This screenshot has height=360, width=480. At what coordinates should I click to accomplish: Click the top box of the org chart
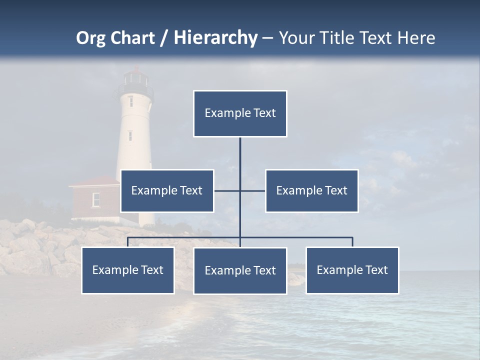[x=240, y=113]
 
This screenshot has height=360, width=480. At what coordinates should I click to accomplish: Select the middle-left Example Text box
[x=167, y=190]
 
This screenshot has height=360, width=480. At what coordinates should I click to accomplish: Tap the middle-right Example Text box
[x=311, y=190]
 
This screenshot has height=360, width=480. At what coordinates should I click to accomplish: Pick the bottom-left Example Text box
[x=127, y=270]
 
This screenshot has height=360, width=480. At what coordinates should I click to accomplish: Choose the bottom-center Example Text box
[x=240, y=270]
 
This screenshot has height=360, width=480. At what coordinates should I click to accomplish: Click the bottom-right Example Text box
[x=352, y=270]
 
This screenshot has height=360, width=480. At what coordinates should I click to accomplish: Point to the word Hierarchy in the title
[x=215, y=38]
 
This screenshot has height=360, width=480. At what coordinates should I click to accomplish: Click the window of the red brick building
[x=96, y=199]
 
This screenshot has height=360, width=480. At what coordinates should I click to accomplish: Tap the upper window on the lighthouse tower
[x=130, y=101]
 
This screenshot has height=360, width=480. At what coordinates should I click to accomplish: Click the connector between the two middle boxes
[x=240, y=190]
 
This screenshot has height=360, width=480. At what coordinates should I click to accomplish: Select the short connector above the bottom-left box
[x=127, y=242]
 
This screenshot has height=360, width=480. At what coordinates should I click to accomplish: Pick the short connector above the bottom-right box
[x=352, y=242]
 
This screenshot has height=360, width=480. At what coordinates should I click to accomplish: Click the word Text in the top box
[x=264, y=113]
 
